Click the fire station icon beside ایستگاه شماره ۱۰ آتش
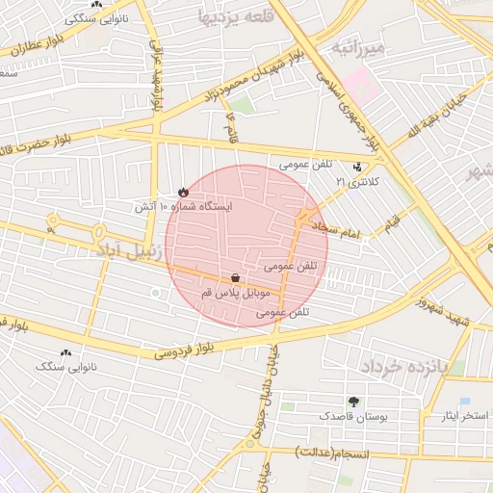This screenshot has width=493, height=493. (x=183, y=193)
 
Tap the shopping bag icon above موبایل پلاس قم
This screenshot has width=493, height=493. (x=236, y=277)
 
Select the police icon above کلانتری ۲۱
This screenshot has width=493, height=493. (x=358, y=166)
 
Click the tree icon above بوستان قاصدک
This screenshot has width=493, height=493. (x=352, y=402)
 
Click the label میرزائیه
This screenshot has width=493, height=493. (x=358, y=46)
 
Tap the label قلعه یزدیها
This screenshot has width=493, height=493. (x=236, y=16)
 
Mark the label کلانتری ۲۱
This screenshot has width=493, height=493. (x=357, y=181)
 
